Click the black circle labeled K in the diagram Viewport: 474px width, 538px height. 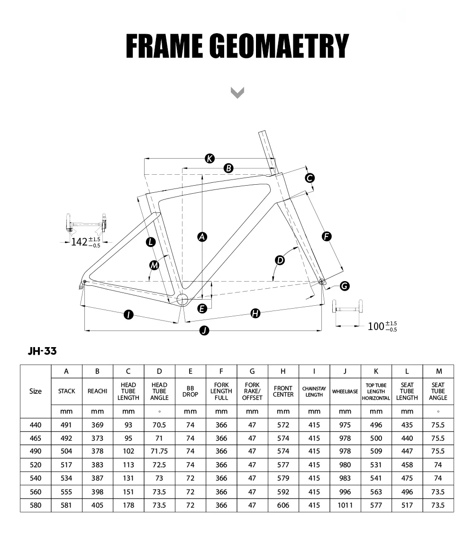(210, 159)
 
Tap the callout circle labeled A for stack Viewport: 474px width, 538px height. (202, 236)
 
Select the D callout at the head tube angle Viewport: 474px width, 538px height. (280, 260)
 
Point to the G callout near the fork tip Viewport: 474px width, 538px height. (345, 286)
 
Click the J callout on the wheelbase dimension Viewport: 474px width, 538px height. (204, 330)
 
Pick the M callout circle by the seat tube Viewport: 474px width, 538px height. (154, 265)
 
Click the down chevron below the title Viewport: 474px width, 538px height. (237, 92)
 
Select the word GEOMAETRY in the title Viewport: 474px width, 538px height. (279, 47)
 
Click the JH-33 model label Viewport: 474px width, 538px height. (42, 351)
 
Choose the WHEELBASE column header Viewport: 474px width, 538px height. (345, 391)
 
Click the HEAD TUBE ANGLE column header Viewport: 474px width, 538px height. (159, 391)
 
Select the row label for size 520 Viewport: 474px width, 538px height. (36, 465)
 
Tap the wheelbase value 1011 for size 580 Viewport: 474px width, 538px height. (345, 505)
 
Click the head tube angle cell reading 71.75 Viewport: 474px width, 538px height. (159, 452)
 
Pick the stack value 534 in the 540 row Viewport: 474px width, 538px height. (66, 479)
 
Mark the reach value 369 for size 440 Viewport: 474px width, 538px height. (97, 425)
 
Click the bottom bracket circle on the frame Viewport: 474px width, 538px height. (182, 299)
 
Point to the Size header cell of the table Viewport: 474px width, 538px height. (36, 391)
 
